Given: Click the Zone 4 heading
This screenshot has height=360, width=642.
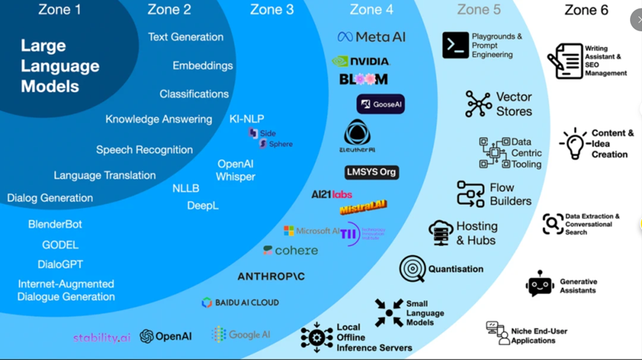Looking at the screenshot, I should tap(371, 10).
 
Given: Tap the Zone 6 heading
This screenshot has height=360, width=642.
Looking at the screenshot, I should tap(586, 10).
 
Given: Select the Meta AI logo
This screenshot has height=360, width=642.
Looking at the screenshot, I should tap(371, 36).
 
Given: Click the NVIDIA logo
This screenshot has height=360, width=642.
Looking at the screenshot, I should tap(361, 61).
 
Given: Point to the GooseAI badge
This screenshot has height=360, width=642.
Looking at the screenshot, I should tap(380, 104).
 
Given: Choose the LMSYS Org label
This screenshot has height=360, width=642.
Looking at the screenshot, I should tap(372, 172).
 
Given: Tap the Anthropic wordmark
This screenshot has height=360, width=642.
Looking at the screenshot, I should tap(271, 276).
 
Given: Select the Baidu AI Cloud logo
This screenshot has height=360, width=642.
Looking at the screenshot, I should tap(240, 303).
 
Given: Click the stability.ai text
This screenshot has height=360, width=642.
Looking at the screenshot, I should tap(102, 338).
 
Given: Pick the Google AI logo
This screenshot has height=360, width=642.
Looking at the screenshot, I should tap(241, 335).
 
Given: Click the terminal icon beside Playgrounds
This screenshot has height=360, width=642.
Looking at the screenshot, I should tap(455, 45).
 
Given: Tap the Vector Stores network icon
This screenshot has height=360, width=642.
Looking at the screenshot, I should tap(478, 104).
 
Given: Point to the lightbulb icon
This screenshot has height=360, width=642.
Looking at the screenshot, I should tap(574, 143).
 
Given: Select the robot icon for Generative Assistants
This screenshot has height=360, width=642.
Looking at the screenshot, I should tap(540, 284).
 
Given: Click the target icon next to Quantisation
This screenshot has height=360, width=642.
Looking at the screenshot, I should tap(412, 269).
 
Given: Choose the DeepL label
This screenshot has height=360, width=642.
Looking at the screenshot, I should tap(203, 206).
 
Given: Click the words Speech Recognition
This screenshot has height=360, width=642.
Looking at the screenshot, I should tap(144, 149).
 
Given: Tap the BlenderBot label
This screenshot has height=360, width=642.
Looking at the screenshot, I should tap(55, 224).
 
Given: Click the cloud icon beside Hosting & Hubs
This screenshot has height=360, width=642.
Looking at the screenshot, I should tap(441, 232).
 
